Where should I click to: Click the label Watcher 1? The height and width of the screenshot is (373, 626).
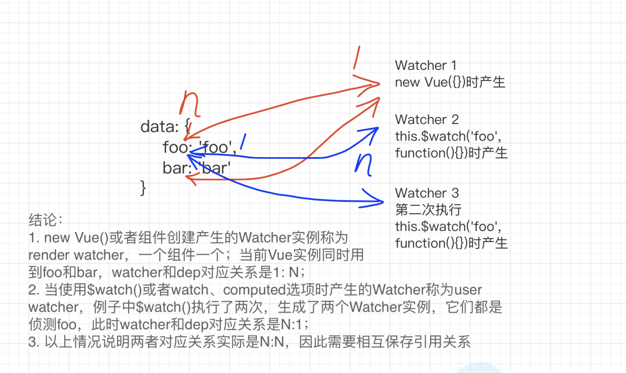(x=425, y=65)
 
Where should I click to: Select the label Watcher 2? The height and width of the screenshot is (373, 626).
(x=426, y=119)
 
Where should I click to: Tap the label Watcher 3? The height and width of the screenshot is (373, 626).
(x=426, y=193)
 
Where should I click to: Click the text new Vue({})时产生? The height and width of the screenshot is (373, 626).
(x=450, y=82)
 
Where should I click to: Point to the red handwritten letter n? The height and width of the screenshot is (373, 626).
(x=189, y=103)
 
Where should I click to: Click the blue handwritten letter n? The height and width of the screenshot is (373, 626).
(x=364, y=164)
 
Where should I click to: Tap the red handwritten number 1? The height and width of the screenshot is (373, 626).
(x=356, y=58)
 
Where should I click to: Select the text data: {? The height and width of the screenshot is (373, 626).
(x=165, y=127)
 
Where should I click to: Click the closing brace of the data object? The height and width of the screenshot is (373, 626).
(x=143, y=188)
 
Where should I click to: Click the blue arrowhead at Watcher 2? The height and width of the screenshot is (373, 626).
(x=371, y=134)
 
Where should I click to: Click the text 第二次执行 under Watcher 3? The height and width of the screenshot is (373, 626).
(x=428, y=210)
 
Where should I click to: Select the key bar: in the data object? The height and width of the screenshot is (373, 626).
(x=177, y=168)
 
